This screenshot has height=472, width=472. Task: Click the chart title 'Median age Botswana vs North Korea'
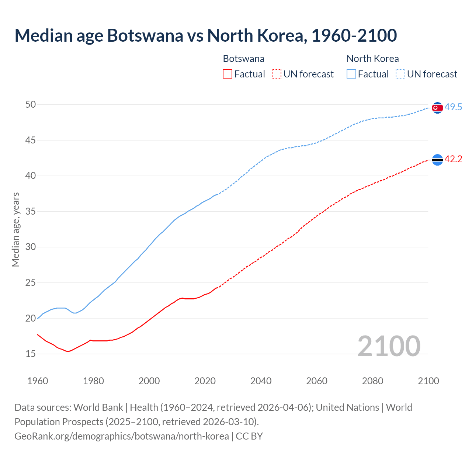click(205, 35)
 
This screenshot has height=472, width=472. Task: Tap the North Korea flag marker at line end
click(437, 108)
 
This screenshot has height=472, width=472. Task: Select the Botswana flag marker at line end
click(437, 160)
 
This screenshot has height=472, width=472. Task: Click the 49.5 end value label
click(453, 107)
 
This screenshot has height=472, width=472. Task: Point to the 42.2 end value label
click(453, 159)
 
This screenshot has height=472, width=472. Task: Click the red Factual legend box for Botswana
click(228, 74)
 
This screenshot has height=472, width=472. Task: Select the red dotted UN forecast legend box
click(277, 74)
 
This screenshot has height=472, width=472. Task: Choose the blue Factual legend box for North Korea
click(351, 74)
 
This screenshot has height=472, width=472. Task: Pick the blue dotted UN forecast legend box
click(400, 74)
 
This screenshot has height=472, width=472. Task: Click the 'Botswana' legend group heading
click(243, 59)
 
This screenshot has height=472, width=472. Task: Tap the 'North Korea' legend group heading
click(372, 59)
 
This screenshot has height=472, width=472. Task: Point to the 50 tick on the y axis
click(31, 104)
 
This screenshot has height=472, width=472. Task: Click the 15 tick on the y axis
click(31, 354)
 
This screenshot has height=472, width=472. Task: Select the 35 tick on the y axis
click(31, 211)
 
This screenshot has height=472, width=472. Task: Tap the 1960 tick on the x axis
click(38, 381)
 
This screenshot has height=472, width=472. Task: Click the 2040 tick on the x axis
click(261, 381)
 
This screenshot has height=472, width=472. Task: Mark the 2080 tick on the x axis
click(372, 381)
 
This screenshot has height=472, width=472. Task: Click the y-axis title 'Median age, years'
click(15, 229)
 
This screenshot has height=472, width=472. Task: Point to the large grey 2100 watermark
click(389, 346)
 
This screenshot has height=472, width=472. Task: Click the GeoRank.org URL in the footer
click(122, 436)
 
